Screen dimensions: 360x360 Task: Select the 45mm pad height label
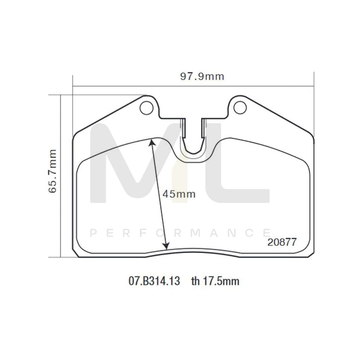tap(179, 194)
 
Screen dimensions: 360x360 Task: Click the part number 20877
tap(282, 242)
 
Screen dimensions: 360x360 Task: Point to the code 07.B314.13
tap(154, 281)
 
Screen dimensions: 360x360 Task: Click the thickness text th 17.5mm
tap(215, 281)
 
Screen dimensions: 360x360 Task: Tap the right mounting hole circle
tap(239, 107)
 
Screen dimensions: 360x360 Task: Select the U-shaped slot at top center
tap(193, 139)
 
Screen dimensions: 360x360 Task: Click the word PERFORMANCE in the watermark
tap(180, 234)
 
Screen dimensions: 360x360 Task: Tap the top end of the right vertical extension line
tap(314, 73)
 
